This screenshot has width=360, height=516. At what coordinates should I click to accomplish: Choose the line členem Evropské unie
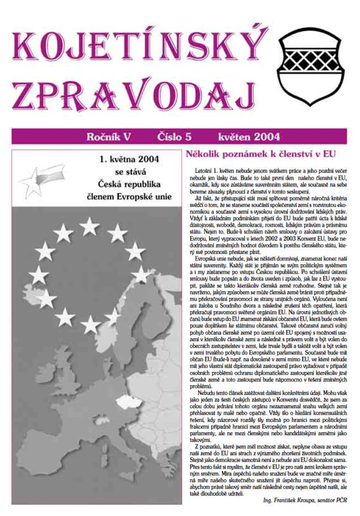[129, 195]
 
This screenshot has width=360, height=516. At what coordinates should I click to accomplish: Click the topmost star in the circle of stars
[90, 225]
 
